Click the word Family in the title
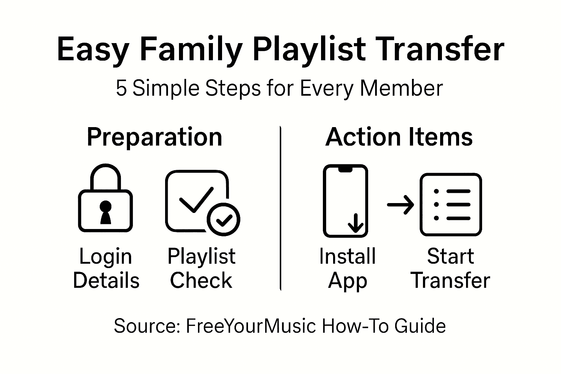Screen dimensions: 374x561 point(191,49)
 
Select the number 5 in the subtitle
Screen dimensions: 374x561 point(121,88)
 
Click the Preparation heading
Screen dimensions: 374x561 point(154,137)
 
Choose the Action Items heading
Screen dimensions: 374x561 point(399,137)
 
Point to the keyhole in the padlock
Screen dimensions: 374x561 point(106,212)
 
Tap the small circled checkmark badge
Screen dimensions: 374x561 point(223,219)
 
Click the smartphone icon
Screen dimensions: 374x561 point(345,201)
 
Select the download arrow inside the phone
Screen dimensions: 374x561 point(355,223)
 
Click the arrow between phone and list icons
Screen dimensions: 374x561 point(400,205)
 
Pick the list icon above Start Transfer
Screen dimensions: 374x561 point(451,205)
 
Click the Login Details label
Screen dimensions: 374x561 point(106,268)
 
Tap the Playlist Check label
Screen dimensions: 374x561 point(201,268)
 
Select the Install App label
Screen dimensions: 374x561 point(347,268)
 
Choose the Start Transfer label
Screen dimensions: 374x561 point(450,268)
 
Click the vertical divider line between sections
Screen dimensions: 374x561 point(280,208)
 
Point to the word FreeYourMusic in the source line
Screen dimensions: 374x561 point(251,326)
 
